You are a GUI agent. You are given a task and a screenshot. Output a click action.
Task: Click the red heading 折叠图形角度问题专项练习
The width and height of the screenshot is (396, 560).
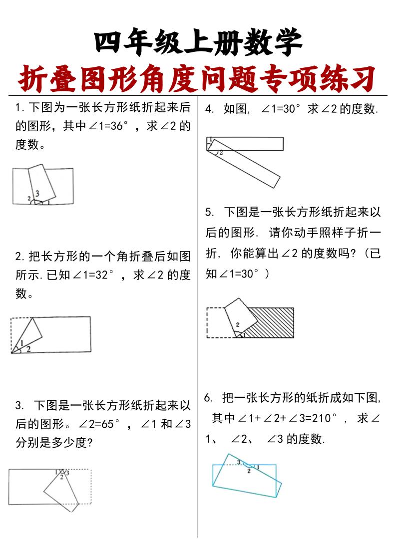(x=198, y=78)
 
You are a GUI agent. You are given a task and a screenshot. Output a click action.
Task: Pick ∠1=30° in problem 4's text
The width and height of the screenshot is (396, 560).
(x=282, y=109)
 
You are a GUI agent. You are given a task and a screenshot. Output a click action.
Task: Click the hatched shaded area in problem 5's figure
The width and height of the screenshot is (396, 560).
(x=270, y=322)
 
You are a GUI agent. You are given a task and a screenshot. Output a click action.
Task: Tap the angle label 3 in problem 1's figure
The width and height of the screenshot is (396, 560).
(x=37, y=193)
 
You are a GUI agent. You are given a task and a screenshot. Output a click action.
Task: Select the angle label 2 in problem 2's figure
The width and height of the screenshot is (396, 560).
(x=28, y=349)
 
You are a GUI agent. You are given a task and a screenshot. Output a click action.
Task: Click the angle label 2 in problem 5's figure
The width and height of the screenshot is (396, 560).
(x=238, y=324)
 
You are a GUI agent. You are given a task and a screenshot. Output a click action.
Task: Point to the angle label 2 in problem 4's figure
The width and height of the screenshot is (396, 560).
(x=221, y=152)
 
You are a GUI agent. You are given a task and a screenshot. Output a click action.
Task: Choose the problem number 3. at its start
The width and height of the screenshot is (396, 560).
(x=19, y=406)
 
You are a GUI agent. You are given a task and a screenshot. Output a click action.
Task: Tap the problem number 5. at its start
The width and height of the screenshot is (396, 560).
(x=210, y=212)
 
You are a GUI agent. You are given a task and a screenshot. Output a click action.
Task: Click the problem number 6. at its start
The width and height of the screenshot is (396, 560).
(x=209, y=398)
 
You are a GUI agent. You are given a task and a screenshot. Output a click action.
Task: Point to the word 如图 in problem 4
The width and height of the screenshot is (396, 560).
(x=236, y=109)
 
